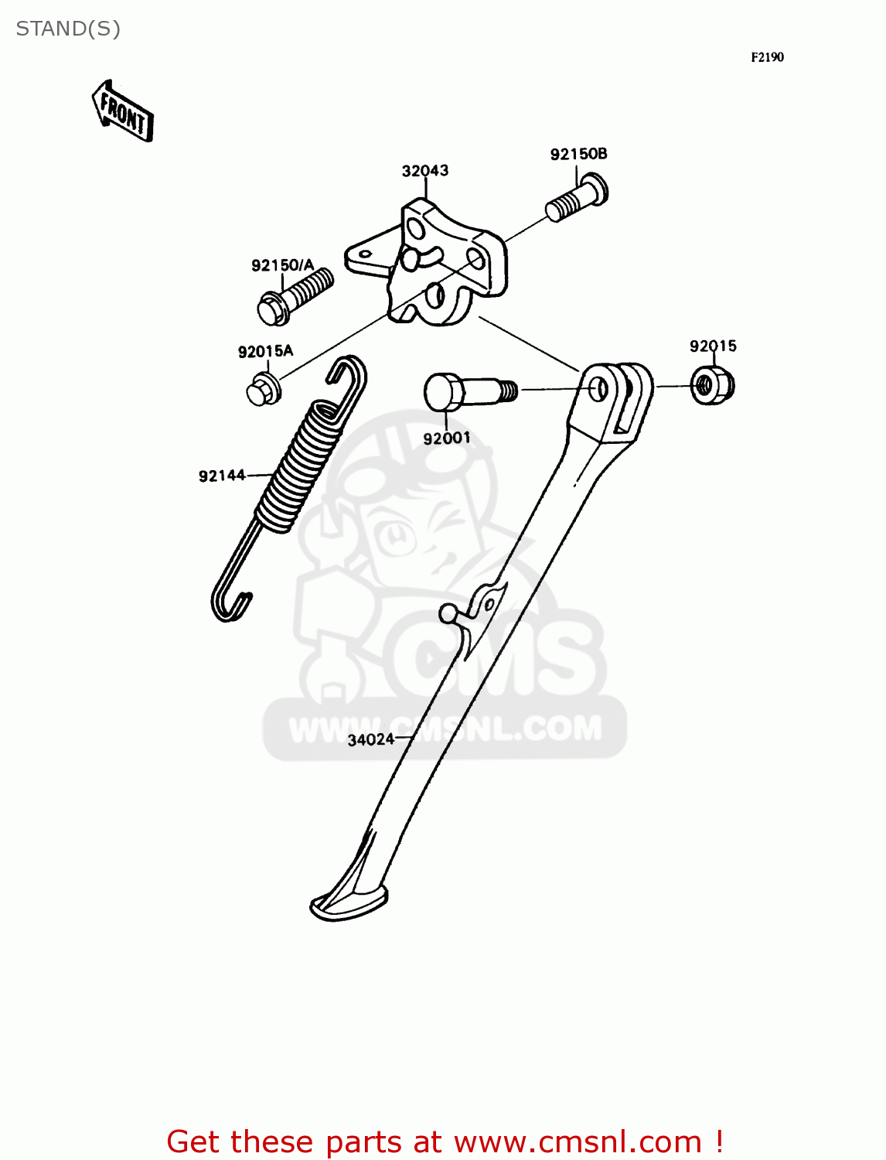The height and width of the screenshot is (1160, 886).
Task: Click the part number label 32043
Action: coord(424,171)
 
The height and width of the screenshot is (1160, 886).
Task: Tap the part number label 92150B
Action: coord(578,155)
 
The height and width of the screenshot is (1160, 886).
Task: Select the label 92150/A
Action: coord(282,266)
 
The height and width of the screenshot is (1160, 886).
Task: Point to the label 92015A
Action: coord(265,352)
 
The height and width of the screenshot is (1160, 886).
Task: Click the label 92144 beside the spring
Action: coord(222,476)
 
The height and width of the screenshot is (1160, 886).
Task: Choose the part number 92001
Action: coord(446,438)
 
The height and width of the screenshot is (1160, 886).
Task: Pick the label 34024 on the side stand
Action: coord(371,739)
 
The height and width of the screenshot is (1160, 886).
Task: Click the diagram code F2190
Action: coord(767,57)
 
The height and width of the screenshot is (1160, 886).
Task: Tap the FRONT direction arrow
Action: coord(123,111)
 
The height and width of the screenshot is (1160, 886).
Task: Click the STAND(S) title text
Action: coord(68,29)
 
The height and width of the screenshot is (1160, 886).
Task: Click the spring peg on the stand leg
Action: coord(448,614)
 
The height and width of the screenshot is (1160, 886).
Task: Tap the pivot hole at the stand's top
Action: coord(598,388)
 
